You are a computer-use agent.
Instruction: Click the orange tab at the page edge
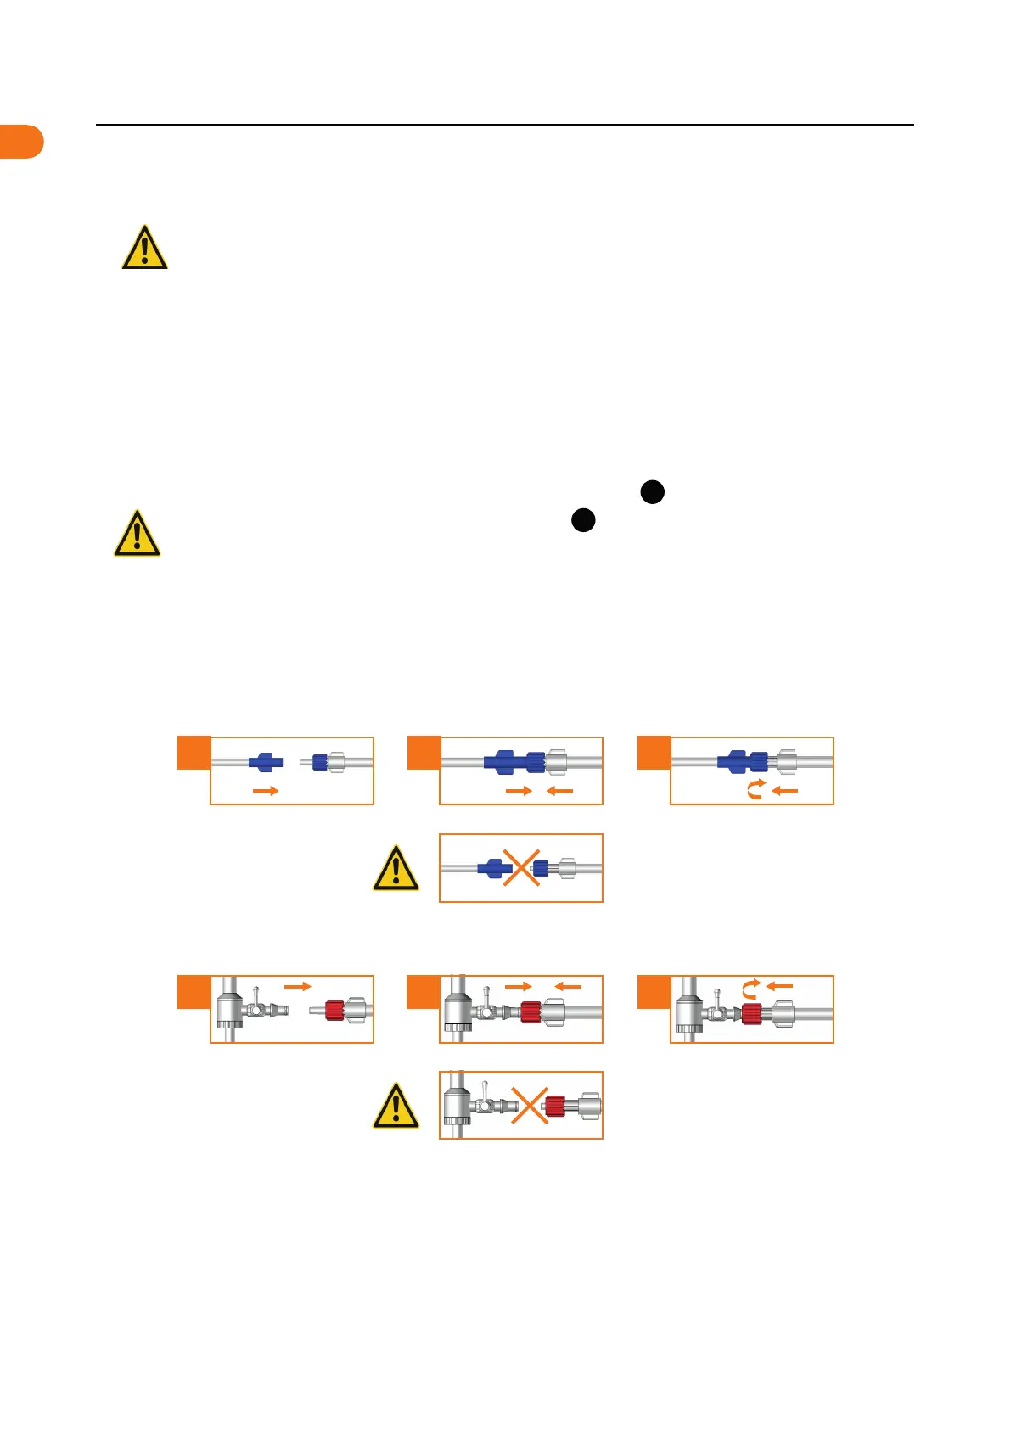[21, 141]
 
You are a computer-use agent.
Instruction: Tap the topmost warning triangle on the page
[144, 248]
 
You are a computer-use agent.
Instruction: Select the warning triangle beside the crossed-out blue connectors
[396, 868]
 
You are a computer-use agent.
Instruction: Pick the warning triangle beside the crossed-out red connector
[396, 1106]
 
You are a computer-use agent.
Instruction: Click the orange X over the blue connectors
[521, 868]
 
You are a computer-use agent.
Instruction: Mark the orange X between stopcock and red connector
[529, 1106]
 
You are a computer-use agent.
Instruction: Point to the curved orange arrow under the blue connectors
[755, 790]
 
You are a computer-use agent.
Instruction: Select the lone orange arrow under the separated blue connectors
[266, 791]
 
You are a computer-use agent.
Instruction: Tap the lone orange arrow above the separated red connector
[297, 986]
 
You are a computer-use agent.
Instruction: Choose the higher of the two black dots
[652, 491]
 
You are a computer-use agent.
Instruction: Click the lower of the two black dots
[583, 520]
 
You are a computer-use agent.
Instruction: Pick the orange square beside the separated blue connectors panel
[193, 753]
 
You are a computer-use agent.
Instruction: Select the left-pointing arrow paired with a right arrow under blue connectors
[559, 791]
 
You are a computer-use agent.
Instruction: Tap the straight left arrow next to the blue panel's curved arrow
[785, 791]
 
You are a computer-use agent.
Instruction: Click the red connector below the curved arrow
[751, 1013]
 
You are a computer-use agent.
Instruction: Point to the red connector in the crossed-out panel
[555, 1106]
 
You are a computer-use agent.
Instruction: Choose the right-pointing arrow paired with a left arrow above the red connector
[518, 986]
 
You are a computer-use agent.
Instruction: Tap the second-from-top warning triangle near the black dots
[137, 534]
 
